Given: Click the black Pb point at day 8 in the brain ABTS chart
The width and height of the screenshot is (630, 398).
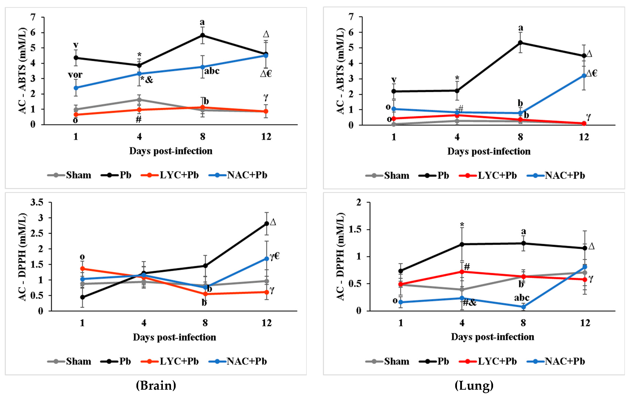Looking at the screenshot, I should (202, 35).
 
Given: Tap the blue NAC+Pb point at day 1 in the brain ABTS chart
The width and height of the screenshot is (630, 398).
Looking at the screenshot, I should (76, 88).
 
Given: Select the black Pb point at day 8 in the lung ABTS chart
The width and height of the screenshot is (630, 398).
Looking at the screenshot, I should (520, 43).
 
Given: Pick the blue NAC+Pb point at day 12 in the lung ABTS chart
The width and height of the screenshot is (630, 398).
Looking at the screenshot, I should (584, 76).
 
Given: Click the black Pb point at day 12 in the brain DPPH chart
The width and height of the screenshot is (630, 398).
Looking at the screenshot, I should (267, 223).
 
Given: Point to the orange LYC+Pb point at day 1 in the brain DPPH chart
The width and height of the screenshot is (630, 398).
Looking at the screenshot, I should (82, 269).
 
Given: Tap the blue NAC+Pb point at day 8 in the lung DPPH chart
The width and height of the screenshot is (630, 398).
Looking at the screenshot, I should (523, 307).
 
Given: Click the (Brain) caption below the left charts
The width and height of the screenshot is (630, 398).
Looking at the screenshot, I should (156, 385).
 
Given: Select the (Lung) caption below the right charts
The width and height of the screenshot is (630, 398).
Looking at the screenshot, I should (474, 385).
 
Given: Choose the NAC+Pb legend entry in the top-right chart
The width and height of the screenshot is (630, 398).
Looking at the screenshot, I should (565, 175).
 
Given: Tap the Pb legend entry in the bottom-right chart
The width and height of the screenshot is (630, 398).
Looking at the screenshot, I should (443, 361).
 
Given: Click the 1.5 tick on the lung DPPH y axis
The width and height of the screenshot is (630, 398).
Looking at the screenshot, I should (355, 230).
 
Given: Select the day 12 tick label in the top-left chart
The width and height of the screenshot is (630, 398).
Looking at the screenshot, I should (266, 137).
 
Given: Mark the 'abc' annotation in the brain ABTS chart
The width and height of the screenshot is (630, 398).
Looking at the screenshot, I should (212, 71).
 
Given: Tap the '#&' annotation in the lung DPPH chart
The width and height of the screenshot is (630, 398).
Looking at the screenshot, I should (469, 302).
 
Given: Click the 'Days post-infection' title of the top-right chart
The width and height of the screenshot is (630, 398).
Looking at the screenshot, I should (489, 151).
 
